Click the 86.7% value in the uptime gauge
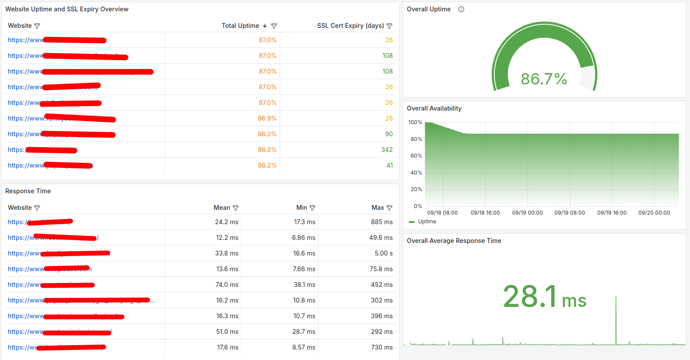pyautogui.click(x=544, y=79)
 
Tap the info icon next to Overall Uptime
pyautogui.click(x=461, y=9)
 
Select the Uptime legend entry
pyautogui.click(x=426, y=222)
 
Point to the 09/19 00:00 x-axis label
pyautogui.click(x=527, y=213)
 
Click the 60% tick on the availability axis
pyautogui.click(x=416, y=156)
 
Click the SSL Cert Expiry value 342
pyautogui.click(x=387, y=150)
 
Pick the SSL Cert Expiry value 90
pyautogui.click(x=389, y=134)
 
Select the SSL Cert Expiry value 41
pyautogui.click(x=389, y=165)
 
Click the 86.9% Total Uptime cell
pyautogui.click(x=267, y=118)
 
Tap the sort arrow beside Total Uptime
pyautogui.click(x=265, y=26)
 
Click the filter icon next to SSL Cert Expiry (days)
pyautogui.click(x=389, y=26)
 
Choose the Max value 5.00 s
pyautogui.click(x=383, y=253)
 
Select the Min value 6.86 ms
pyautogui.click(x=304, y=238)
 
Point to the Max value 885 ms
pyautogui.click(x=382, y=222)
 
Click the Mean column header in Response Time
pyautogui.click(x=222, y=208)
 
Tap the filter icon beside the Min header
pyautogui.click(x=312, y=208)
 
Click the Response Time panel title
pyautogui.click(x=28, y=191)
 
